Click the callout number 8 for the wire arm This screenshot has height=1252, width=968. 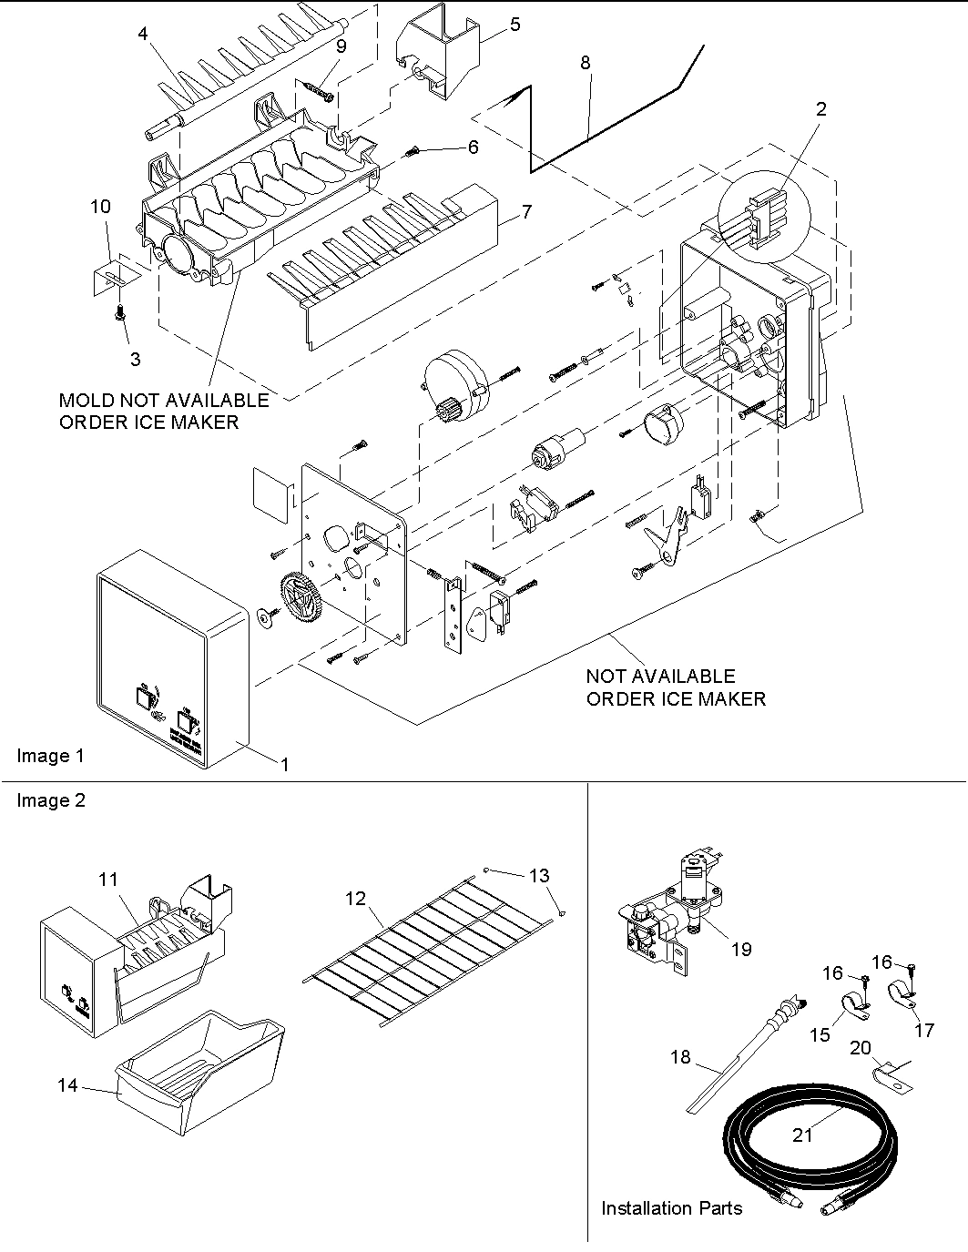[x=585, y=63]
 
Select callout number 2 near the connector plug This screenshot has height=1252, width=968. [x=820, y=109]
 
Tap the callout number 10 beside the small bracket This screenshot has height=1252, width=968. [x=100, y=207]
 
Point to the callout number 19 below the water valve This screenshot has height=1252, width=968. [x=741, y=949]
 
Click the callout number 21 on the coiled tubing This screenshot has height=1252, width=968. [x=802, y=1134]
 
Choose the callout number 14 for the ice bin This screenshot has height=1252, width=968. [x=67, y=1085]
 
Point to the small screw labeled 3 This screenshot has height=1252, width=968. [x=119, y=314]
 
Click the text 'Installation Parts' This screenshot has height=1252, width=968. [x=671, y=1208]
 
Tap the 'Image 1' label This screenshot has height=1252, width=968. [x=50, y=756]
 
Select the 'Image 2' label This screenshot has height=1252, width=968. [x=50, y=800]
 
